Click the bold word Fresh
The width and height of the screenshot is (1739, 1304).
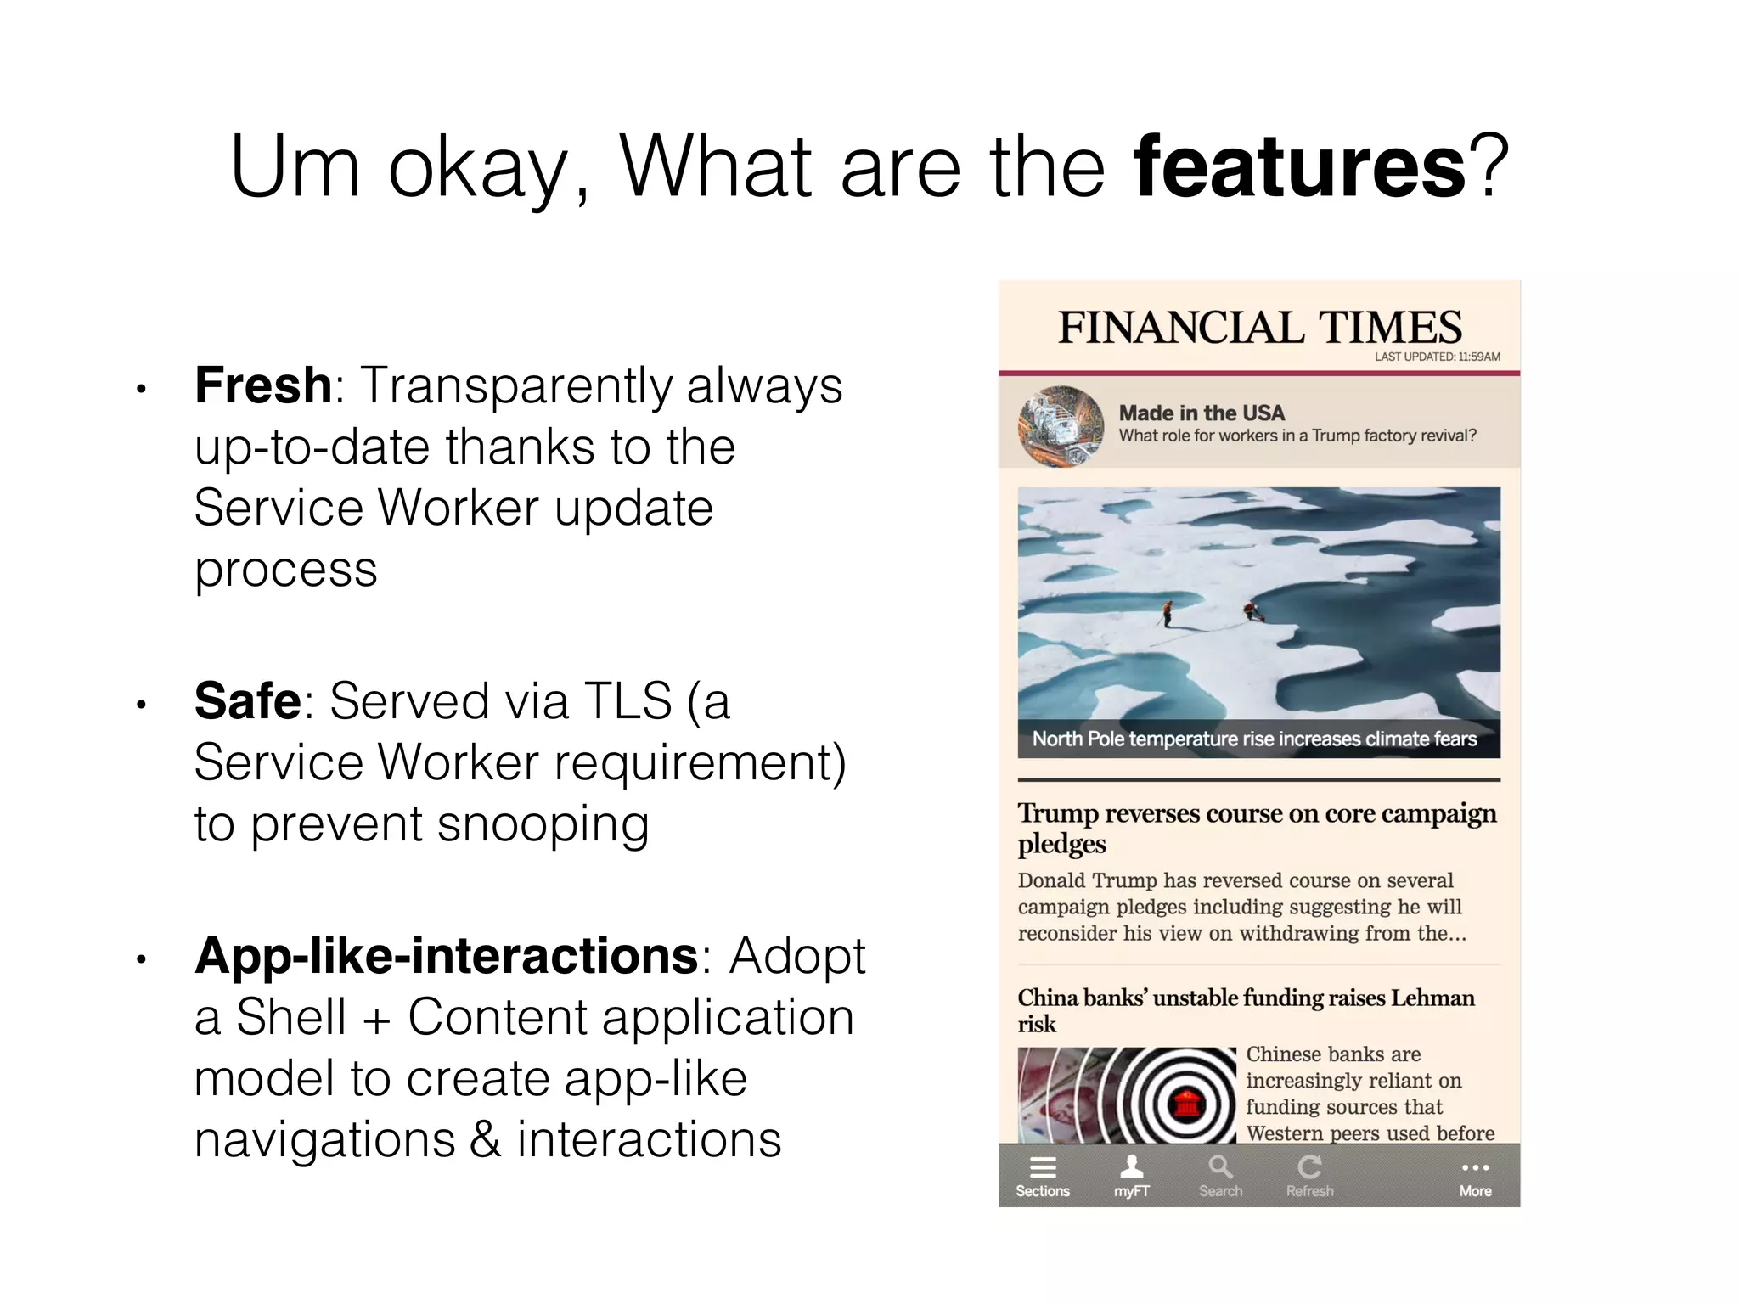(x=263, y=385)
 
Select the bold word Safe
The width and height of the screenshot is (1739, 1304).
(x=247, y=701)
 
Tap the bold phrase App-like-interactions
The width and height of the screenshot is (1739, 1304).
(x=447, y=956)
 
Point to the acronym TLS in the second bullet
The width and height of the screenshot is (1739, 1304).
(x=628, y=701)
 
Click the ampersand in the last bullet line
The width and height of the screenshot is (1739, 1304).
(x=485, y=1139)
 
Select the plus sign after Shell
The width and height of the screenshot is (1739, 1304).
(x=377, y=1018)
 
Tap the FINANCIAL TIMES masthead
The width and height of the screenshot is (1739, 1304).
(x=1259, y=328)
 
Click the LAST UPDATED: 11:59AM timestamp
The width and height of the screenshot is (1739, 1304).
(x=1437, y=357)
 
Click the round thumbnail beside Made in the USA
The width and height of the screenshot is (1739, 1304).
(x=1061, y=426)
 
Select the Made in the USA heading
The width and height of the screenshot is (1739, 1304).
(x=1202, y=413)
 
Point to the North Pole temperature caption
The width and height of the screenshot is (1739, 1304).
(x=1254, y=739)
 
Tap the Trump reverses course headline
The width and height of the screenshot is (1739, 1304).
(x=1257, y=827)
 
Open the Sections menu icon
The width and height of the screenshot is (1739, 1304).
(x=1043, y=1168)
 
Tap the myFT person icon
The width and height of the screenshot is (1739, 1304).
(x=1132, y=1167)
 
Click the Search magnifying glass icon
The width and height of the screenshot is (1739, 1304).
(x=1220, y=1167)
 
